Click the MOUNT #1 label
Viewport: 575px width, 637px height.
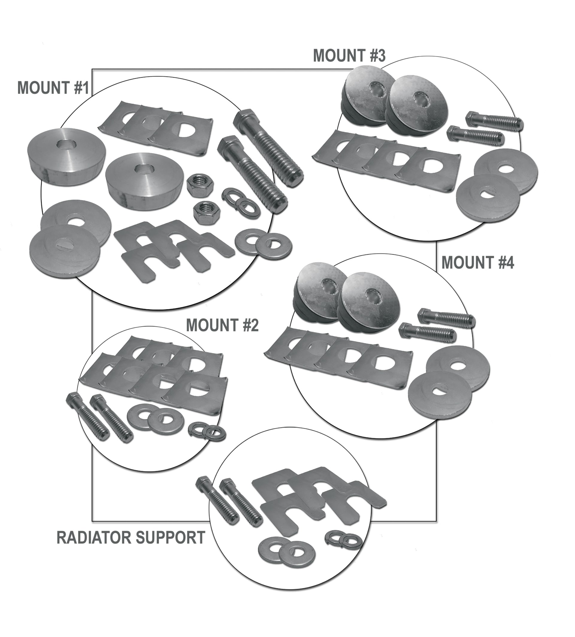(53, 87)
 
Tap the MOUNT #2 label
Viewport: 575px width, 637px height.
(223, 325)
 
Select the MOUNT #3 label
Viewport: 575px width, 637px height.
(349, 56)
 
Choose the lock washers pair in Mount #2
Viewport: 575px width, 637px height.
(207, 431)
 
